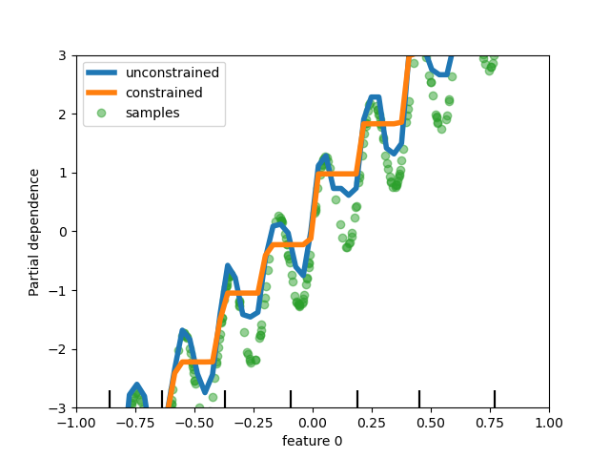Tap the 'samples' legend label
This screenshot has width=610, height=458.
tap(152, 113)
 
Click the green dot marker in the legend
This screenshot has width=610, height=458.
tap(101, 113)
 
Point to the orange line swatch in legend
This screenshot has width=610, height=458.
tap(101, 93)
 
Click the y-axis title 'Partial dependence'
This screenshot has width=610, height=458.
tap(34, 232)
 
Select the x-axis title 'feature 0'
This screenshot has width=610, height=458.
tap(312, 441)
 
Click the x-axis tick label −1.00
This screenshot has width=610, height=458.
tap(76, 422)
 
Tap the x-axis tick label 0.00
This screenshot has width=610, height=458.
tap(313, 422)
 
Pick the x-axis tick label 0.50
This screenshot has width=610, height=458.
tap(431, 422)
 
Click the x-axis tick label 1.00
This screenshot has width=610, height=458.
tap(549, 422)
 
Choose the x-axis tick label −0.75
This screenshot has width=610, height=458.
tap(135, 422)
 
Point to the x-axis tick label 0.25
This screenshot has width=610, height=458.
tap(372, 422)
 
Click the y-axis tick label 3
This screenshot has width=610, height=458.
tap(62, 55)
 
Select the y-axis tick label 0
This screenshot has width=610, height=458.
tap(62, 232)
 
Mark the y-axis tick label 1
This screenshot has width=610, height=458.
tap(62, 173)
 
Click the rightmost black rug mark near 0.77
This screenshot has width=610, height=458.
tap(495, 399)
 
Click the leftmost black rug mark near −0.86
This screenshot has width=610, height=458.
tap(110, 399)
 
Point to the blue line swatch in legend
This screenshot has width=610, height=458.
tap(101, 73)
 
